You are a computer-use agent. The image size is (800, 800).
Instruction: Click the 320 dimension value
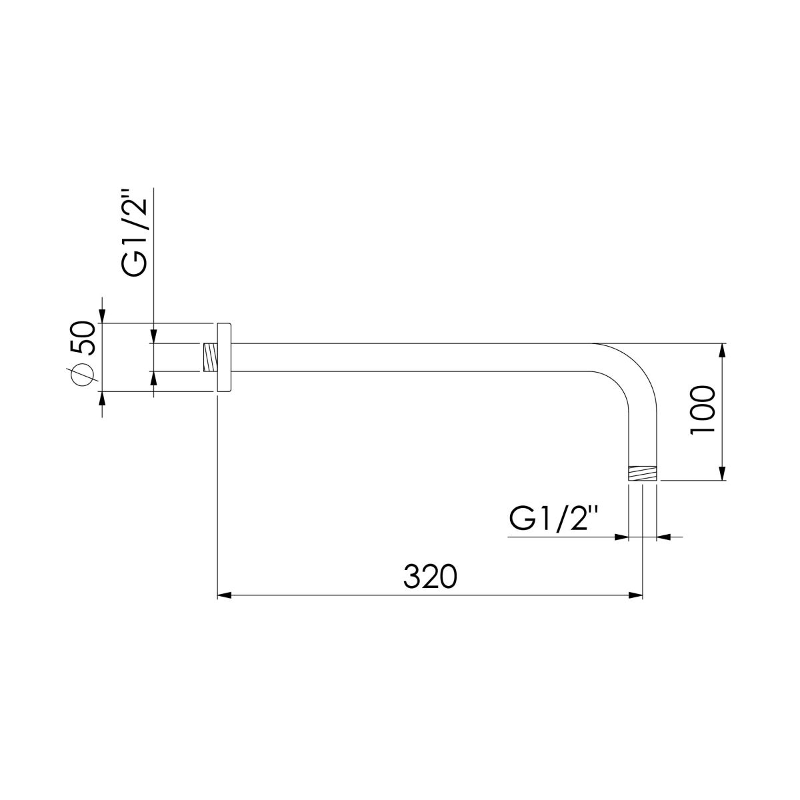click(430, 576)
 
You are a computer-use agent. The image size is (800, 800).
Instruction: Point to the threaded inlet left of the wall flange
click(210, 357)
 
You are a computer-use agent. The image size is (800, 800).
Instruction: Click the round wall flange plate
click(223, 357)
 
